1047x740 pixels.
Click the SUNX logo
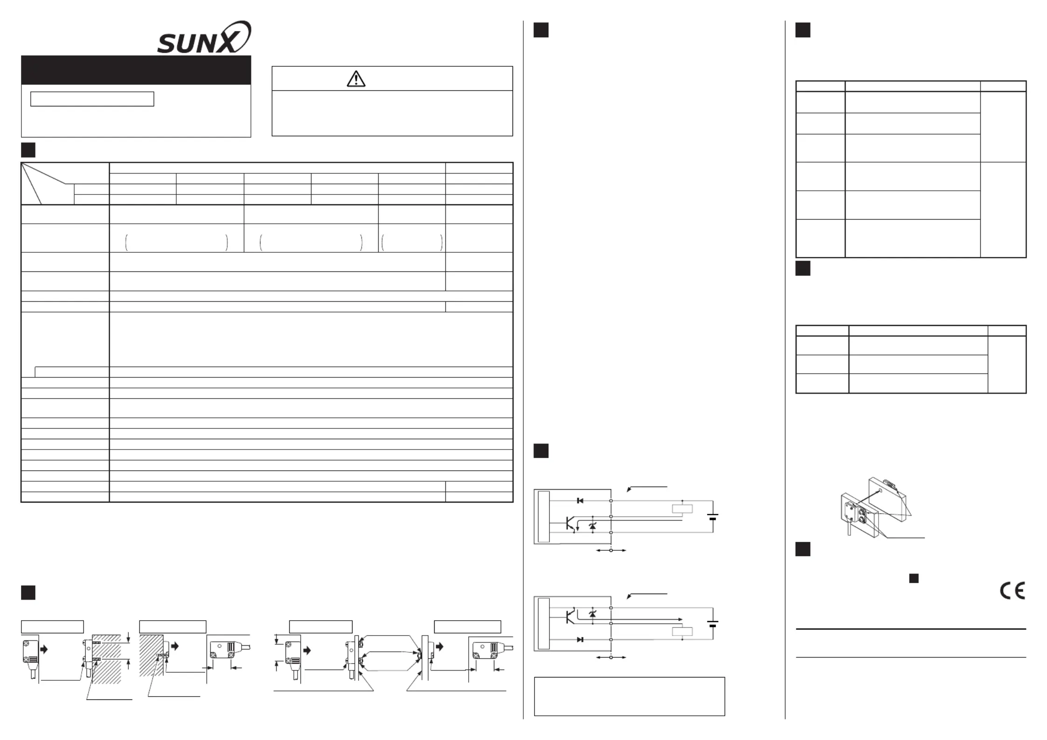point(204,38)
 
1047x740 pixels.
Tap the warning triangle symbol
point(356,79)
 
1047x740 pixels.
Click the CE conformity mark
point(1012,591)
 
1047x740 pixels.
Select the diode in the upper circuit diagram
point(580,500)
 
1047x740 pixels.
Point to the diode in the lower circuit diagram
point(580,639)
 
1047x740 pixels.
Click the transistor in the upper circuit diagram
point(570,523)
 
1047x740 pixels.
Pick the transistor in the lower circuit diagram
point(570,616)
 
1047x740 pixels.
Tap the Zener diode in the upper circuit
point(593,526)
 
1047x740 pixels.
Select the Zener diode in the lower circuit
point(593,614)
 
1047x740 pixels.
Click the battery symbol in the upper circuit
point(713,517)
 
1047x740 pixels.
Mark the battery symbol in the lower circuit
point(713,623)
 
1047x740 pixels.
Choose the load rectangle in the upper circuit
point(682,509)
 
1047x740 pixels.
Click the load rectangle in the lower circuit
point(682,631)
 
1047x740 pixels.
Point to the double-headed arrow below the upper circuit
point(611,550)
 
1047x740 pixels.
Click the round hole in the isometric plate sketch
point(880,491)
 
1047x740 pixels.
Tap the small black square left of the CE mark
point(914,578)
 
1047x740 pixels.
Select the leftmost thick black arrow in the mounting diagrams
point(44,649)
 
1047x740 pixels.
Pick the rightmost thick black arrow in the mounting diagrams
point(439,646)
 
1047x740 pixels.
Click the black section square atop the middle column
point(541,30)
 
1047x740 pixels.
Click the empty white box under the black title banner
point(92,99)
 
